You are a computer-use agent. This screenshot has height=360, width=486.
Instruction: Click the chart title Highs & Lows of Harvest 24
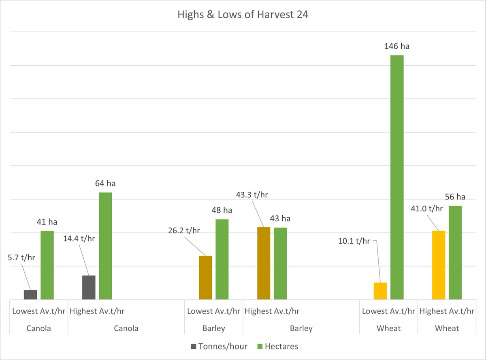(x=243, y=15)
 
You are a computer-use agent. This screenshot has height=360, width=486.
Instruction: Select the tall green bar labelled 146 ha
(x=397, y=177)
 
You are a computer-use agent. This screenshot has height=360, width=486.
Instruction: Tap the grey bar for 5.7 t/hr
(x=30, y=295)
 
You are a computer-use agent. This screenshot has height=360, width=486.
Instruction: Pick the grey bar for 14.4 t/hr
(x=89, y=287)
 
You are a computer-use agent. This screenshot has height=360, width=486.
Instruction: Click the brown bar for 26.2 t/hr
(x=205, y=278)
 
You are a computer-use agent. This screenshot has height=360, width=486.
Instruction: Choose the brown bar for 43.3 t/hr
(x=264, y=263)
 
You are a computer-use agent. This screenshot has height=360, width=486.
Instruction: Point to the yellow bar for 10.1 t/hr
(x=380, y=291)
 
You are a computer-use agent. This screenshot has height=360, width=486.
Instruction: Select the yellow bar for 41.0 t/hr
(x=439, y=265)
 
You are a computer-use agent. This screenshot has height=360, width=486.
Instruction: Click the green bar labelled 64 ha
(x=105, y=246)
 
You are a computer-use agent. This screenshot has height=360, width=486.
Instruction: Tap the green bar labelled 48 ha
(x=222, y=259)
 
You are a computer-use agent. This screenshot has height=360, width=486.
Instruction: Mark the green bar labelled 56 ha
(x=455, y=253)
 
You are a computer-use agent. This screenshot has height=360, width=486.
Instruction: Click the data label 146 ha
(x=397, y=46)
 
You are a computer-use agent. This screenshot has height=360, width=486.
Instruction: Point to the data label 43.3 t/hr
(x=252, y=195)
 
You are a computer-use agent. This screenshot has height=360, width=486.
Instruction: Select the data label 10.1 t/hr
(x=354, y=241)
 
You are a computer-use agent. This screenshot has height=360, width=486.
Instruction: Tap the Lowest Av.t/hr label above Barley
(x=213, y=311)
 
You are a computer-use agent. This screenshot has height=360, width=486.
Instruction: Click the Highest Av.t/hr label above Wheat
(x=447, y=311)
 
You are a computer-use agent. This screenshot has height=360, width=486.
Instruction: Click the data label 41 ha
(x=47, y=222)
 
